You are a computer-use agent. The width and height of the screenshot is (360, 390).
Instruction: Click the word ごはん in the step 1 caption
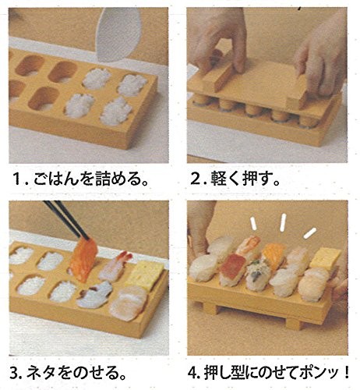coord(55,179)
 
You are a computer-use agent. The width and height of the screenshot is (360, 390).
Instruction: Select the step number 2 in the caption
coord(196,179)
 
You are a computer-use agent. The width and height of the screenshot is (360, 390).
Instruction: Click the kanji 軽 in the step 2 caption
coord(219,179)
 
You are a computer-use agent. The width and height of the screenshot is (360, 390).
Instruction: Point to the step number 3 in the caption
coord(15,373)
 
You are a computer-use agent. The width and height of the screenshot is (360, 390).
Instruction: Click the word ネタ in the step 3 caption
coord(41,373)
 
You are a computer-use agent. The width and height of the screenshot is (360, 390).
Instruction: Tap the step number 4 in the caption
coord(192,373)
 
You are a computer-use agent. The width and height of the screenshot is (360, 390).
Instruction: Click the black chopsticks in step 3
coord(66,220)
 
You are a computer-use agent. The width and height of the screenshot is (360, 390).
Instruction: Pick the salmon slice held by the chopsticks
coord(83,260)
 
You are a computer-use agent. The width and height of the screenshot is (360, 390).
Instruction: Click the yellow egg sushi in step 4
coord(325,260)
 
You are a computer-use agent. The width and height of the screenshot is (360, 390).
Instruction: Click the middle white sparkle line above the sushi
coord(283,222)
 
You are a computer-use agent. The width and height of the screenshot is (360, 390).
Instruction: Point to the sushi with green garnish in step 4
coord(258,275)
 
